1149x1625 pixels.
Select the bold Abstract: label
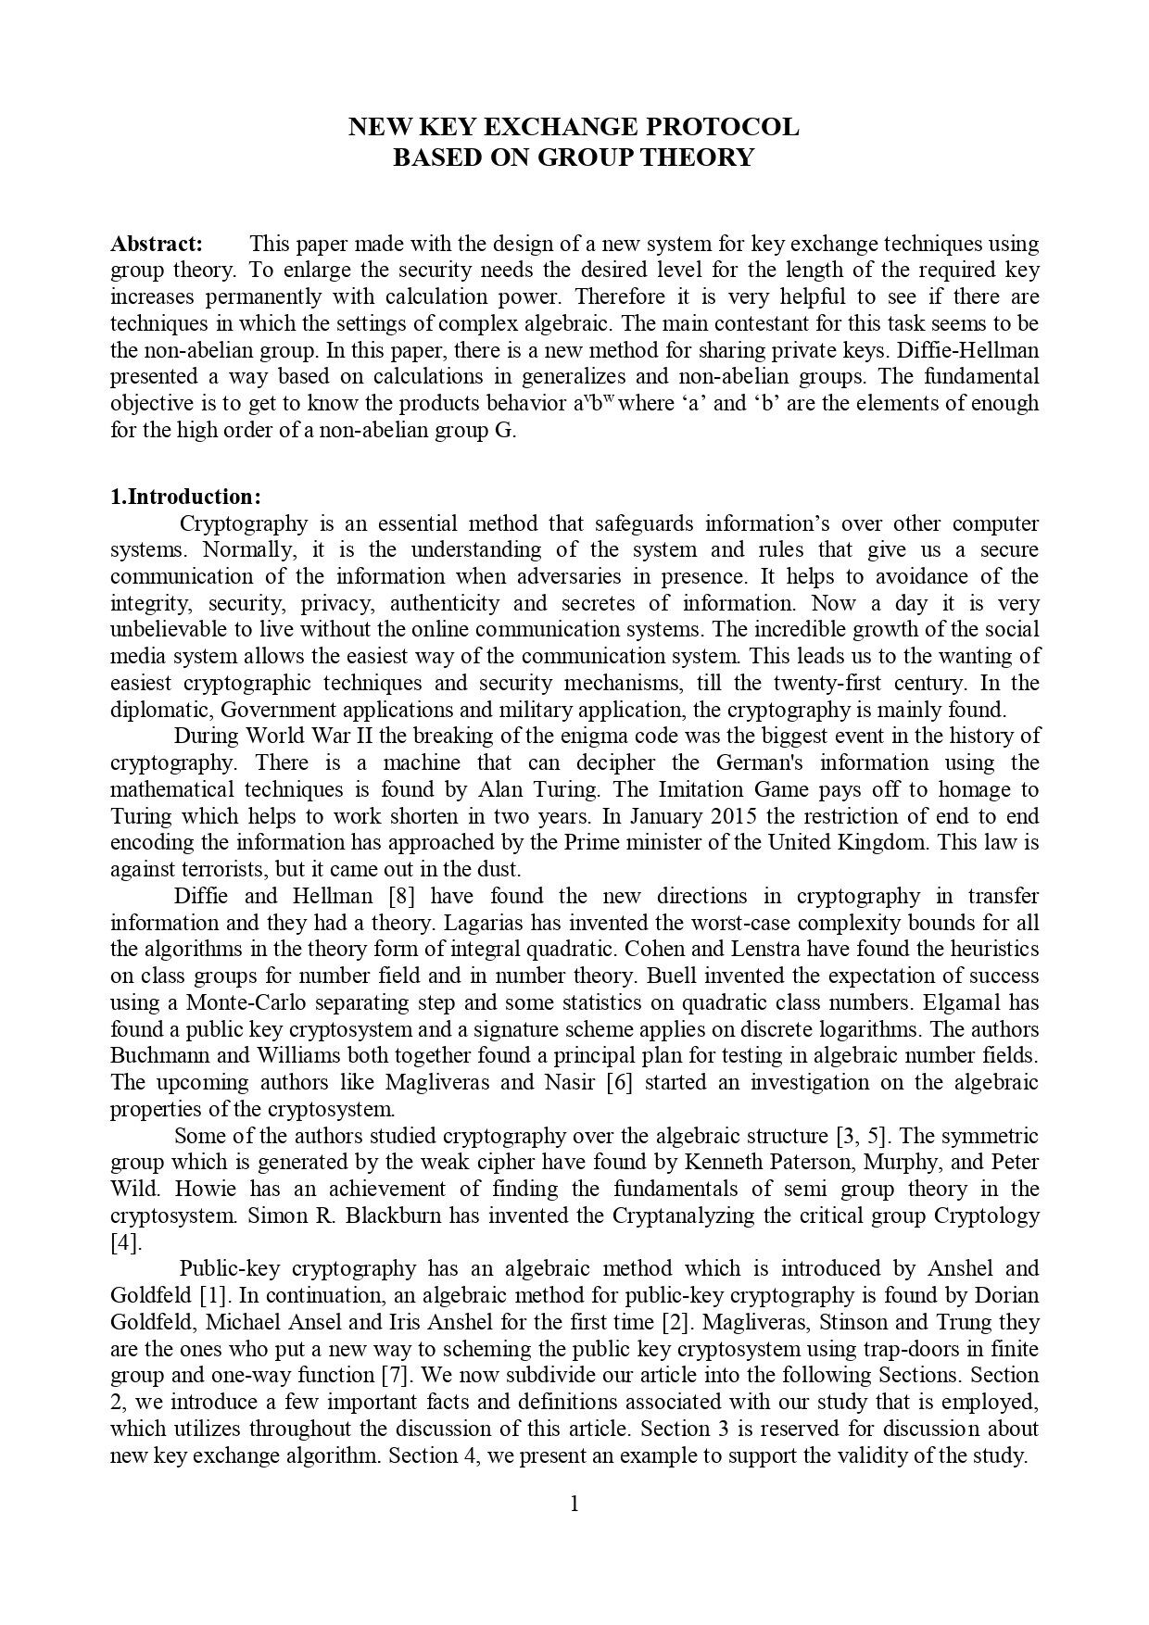(157, 244)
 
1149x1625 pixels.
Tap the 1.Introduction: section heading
(185, 497)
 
